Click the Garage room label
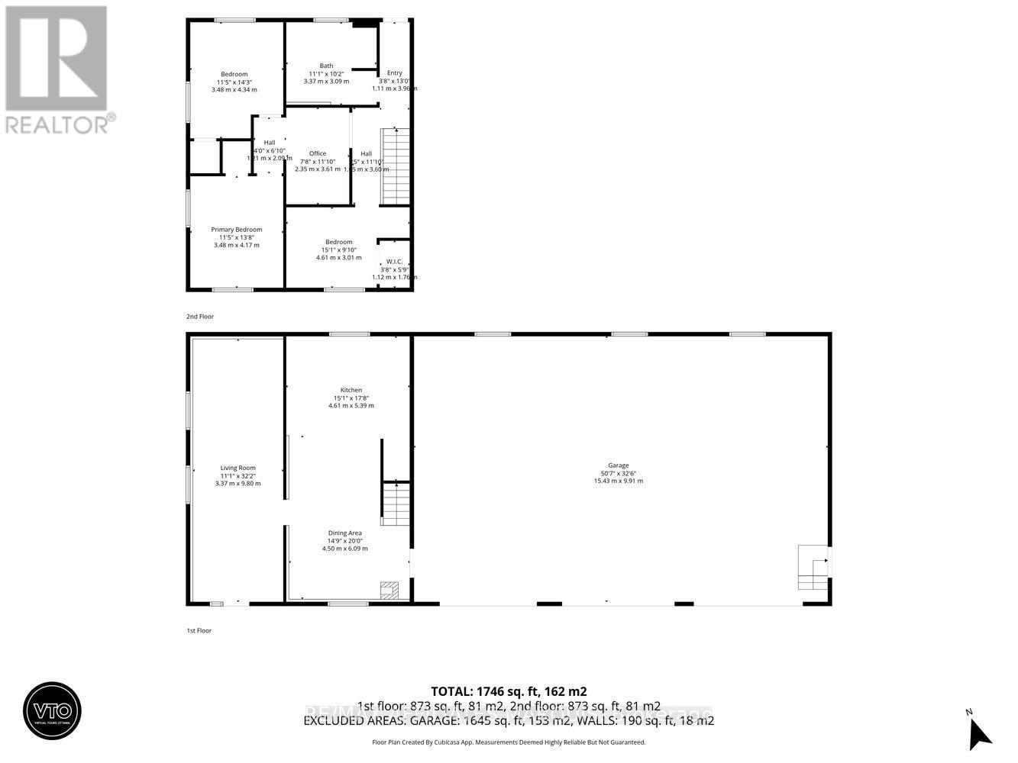coord(618,465)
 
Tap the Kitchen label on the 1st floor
coord(351,391)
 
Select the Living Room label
coord(238,468)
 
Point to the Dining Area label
coord(344,533)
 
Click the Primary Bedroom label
coord(237,230)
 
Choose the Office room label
coord(318,153)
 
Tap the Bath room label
coord(326,66)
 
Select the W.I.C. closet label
coord(394,262)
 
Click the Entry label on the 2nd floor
coord(394,73)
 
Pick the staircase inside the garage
coord(813,568)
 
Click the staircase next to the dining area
coord(396,504)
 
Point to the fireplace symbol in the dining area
coord(389,589)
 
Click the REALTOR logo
coord(57,69)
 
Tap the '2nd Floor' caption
coord(200,316)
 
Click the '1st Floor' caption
coord(199,630)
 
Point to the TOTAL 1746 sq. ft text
coord(509,691)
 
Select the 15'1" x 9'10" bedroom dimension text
coord(338,250)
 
